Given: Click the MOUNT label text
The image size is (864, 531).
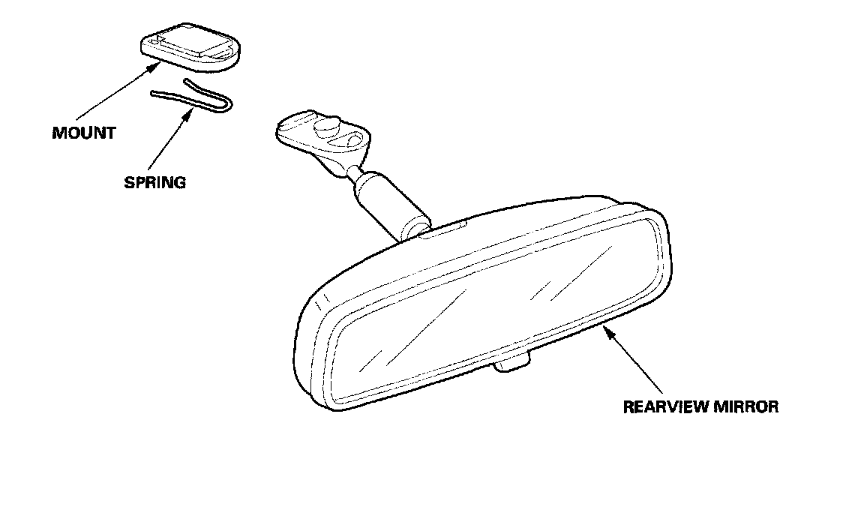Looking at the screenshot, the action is (x=84, y=133).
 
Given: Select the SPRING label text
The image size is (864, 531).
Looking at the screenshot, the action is (x=154, y=182).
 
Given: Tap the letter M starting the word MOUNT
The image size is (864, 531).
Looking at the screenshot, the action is (x=58, y=133).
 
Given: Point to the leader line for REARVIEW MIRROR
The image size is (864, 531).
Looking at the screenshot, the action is (x=637, y=364).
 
